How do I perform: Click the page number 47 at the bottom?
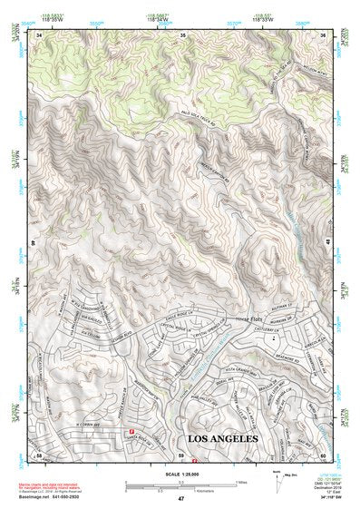click(x=180, y=499)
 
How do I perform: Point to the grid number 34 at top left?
click(x=39, y=34)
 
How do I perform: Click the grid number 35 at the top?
click(x=182, y=34)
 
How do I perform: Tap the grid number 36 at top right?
click(x=324, y=34)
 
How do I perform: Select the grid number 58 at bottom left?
click(x=39, y=455)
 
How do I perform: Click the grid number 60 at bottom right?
click(x=323, y=455)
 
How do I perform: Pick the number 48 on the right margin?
click(x=327, y=243)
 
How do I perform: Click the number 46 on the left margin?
click(x=34, y=243)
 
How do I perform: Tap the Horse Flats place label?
click(x=248, y=318)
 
